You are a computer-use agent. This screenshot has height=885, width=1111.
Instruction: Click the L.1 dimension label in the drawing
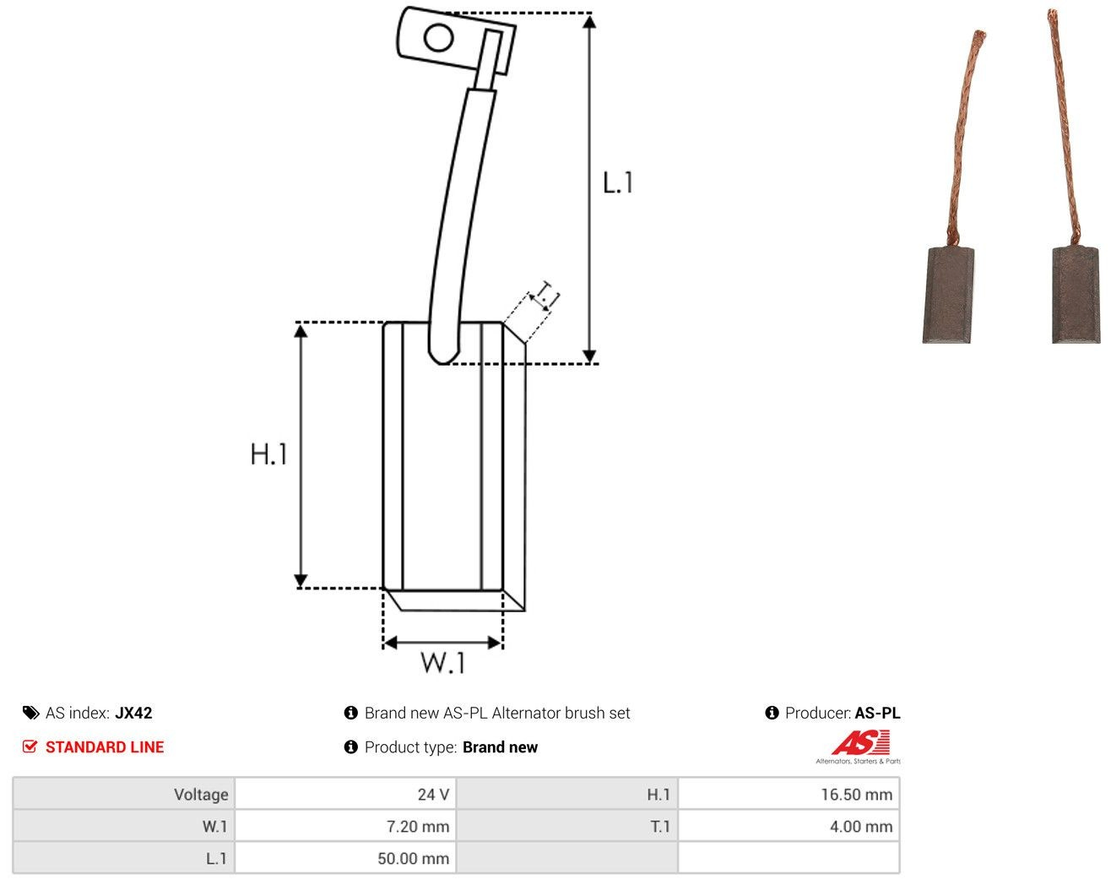coord(617,182)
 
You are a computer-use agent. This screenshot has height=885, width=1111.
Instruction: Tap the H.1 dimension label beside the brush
coord(268,453)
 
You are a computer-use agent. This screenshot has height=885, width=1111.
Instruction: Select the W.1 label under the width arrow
coord(443,663)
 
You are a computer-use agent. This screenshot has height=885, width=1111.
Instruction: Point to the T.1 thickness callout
coord(546,296)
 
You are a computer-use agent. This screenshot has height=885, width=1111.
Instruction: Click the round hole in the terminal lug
coord(438,38)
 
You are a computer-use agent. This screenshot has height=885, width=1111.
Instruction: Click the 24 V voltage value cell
coord(344,794)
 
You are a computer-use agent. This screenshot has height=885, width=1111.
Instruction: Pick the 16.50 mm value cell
coord(789,794)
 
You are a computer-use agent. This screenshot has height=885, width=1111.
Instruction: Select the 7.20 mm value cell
coord(344,826)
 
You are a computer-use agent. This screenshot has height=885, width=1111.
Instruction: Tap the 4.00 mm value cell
coord(789,826)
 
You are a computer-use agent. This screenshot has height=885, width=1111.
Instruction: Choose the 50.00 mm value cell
coord(344,858)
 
